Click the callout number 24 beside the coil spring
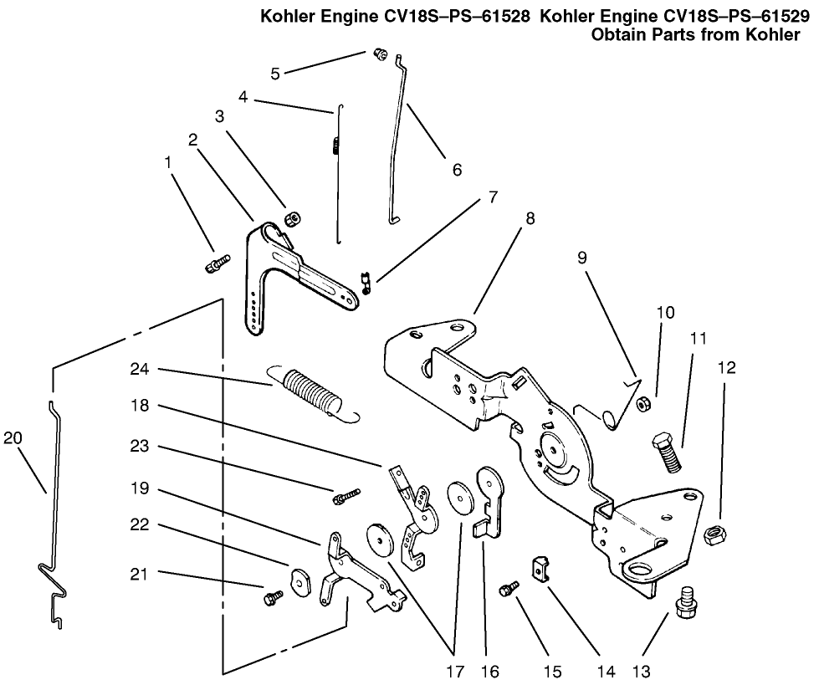pos(141,369)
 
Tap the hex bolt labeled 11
pos(667,451)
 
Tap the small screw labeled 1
pos(216,264)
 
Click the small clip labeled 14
pos(542,568)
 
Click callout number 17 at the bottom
pos(454,670)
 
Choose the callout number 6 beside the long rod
pos(457,168)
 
